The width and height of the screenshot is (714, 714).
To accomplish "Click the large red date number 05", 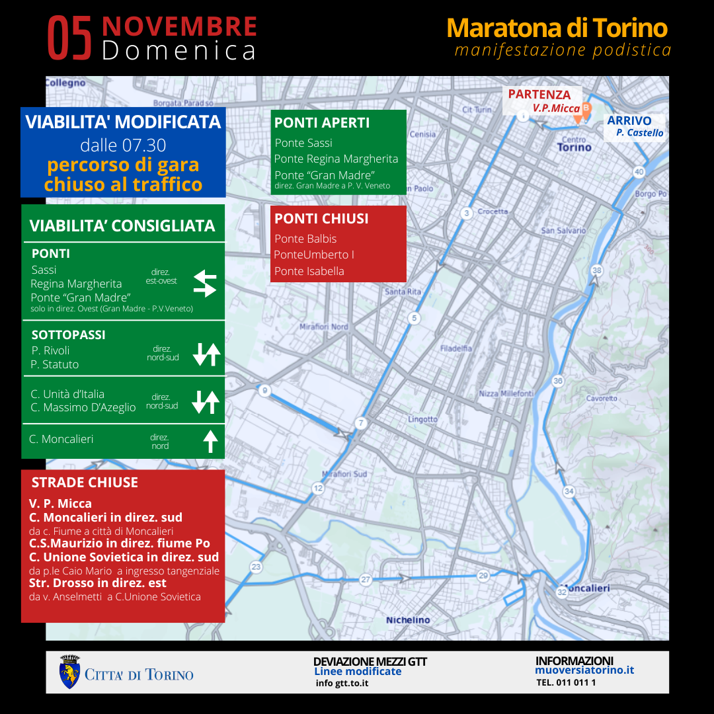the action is tap(70, 39).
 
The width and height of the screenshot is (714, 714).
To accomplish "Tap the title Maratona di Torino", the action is tap(557, 28).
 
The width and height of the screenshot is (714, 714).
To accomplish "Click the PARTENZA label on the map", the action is tap(539, 95).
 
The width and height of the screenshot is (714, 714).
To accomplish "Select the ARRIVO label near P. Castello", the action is tap(629, 121).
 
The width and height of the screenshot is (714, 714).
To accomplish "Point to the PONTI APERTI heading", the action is tap(322, 123).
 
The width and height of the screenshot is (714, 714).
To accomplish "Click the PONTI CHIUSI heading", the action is tap(321, 219).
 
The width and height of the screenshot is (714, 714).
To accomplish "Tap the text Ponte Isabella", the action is tap(309, 271).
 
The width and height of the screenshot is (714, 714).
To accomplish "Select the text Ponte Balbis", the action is tap(305, 239).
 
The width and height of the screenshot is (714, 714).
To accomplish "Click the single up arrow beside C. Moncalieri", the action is tap(210, 440).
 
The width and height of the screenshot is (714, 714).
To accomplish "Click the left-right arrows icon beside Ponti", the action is tap(205, 283).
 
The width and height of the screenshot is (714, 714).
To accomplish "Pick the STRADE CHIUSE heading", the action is tap(85, 483).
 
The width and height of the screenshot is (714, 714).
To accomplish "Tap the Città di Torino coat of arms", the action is tap(69, 672).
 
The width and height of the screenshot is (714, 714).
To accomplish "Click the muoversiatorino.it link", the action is tap(584, 670).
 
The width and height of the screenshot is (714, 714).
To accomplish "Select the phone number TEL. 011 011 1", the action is tap(566, 682).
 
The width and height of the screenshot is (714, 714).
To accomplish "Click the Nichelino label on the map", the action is tap(408, 620).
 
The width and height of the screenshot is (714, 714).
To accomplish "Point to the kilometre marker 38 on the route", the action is tap(597, 270).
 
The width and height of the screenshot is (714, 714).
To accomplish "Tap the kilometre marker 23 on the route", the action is tap(256, 567).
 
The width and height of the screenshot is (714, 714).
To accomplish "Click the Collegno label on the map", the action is tap(66, 83).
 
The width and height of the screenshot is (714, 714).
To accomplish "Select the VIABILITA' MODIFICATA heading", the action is tap(123, 122).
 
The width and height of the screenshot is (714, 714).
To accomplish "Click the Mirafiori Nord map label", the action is tap(323, 327).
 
